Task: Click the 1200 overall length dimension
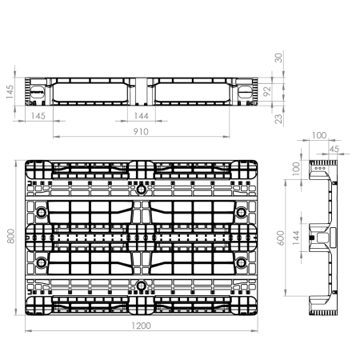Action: [142, 326]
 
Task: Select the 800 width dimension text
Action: [10, 236]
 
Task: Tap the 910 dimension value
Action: [141, 131]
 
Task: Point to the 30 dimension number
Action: [278, 58]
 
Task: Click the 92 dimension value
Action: [267, 91]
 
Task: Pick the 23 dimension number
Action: [278, 118]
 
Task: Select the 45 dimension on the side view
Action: [334, 149]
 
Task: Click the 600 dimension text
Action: [281, 238]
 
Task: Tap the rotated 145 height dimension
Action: [10, 91]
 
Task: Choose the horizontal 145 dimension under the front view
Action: [38, 116]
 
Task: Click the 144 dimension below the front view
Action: [141, 116]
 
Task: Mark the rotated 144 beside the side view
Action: [296, 238]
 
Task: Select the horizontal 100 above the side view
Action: [319, 135]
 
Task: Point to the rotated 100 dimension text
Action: [296, 169]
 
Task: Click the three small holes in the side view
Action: [320, 168]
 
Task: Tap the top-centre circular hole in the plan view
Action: [141, 190]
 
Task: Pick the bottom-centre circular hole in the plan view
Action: [141, 286]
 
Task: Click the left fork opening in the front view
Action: [90, 93]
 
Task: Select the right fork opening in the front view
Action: [192, 93]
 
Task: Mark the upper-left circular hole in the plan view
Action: [42, 213]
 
